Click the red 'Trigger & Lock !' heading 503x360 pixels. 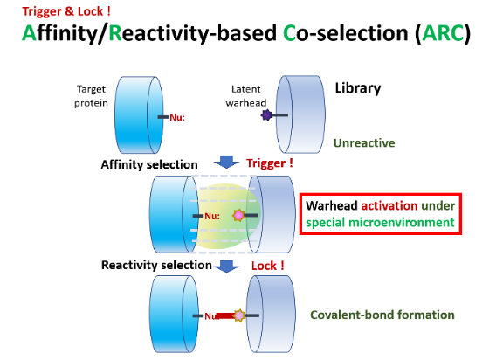coord(66,11)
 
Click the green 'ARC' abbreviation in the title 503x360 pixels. coord(443,33)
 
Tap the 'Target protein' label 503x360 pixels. coord(91,96)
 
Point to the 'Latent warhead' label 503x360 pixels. coord(246,96)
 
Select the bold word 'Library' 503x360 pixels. coord(358,88)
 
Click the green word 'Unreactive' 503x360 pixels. coord(364,142)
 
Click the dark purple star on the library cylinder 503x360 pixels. coord(266,114)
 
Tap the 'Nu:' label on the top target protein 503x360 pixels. coord(177,117)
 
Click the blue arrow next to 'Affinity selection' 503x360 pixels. coord(226,162)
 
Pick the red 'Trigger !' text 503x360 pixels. coord(270,163)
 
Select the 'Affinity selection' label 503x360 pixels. coord(149,164)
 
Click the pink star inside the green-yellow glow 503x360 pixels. coord(238,215)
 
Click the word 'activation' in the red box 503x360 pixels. coord(389,205)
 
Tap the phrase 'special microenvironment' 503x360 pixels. coord(380,222)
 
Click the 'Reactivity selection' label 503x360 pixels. coord(156,266)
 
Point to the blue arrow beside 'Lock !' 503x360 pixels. coord(226,266)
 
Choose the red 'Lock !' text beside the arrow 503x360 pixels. coord(268,266)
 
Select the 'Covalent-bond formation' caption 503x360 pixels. coord(382,315)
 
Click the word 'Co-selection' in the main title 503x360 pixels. coord(346,33)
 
